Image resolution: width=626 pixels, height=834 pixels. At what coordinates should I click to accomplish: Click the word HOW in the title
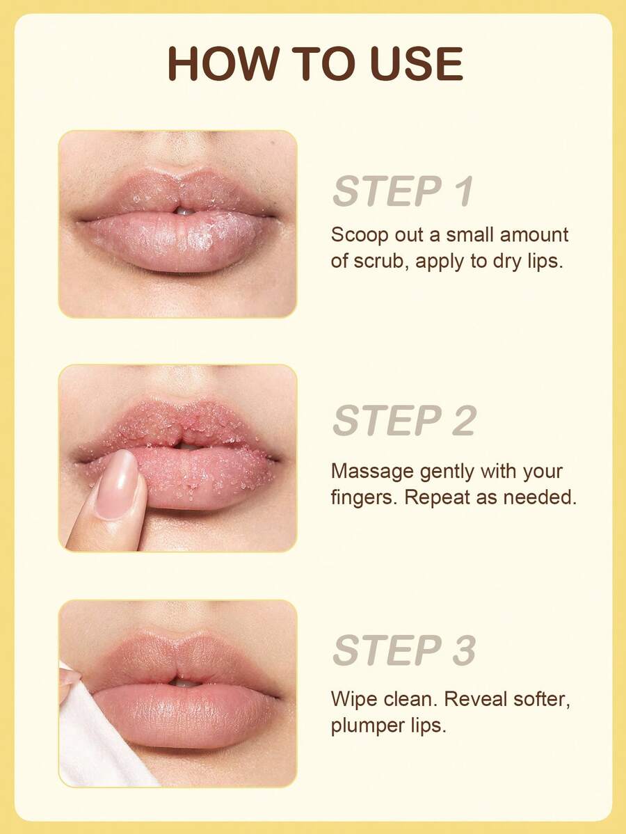223,63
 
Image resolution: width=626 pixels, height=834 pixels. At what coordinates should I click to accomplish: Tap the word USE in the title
417,63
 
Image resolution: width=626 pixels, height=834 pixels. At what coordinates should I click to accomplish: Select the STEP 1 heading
403,191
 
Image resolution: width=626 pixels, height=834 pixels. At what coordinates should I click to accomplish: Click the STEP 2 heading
404,420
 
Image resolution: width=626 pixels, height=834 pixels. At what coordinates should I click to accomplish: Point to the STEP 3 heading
404,650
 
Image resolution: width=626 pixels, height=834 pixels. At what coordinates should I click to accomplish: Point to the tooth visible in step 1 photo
184,211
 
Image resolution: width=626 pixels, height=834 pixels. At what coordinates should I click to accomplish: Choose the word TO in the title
323,63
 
